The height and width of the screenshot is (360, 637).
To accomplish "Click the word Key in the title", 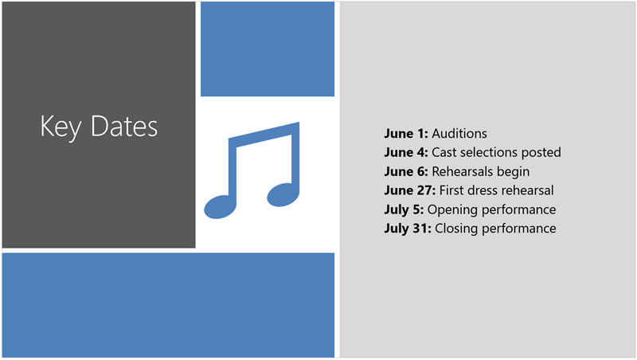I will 60,127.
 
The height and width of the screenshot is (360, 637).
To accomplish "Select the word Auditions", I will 459,133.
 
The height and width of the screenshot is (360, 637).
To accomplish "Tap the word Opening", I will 451,209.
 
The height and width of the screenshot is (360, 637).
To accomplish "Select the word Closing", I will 455,229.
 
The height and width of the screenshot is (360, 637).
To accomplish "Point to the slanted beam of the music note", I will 264,135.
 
